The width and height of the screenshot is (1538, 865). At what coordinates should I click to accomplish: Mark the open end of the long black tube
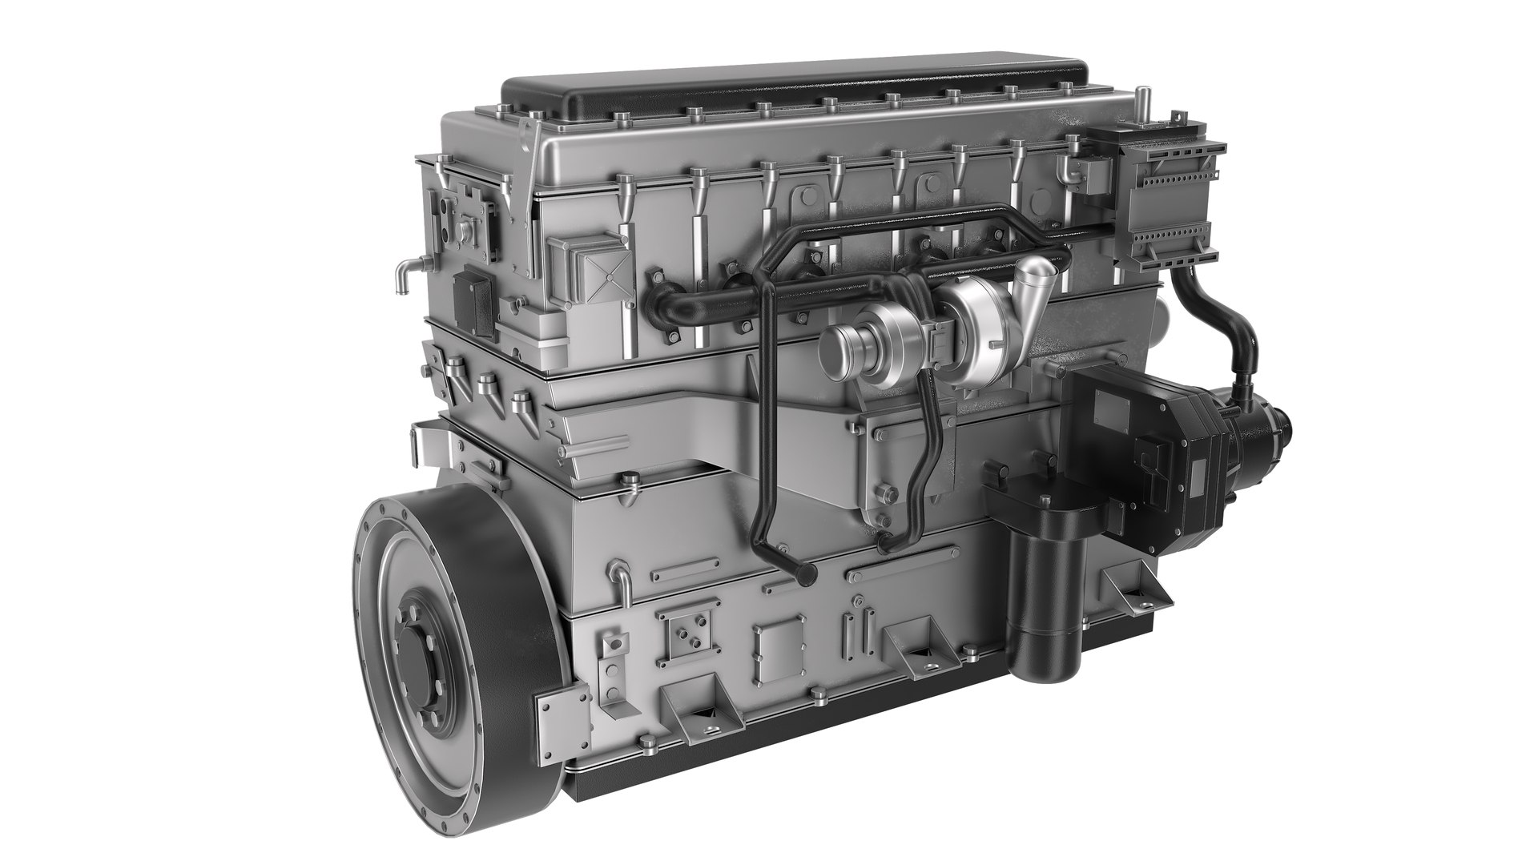804,573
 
